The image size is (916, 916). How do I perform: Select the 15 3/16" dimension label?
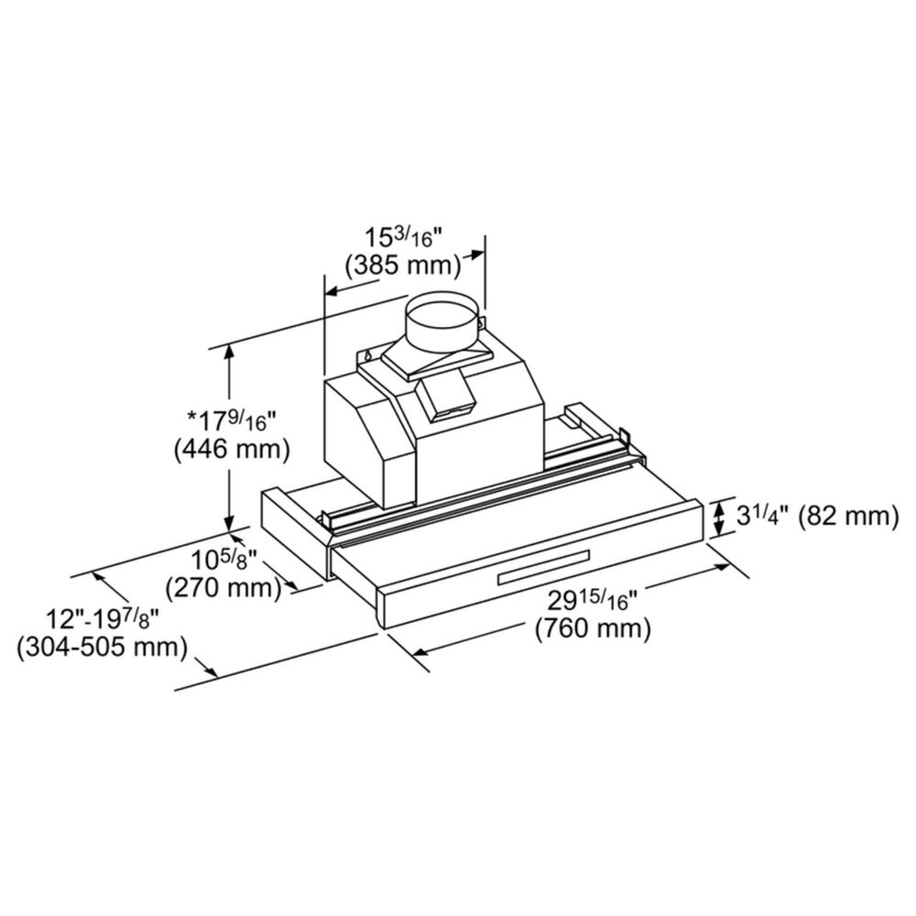[402, 235]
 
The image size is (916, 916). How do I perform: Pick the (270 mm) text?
[222, 586]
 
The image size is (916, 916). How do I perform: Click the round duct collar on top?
[442, 322]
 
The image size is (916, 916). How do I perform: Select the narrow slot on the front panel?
[542, 575]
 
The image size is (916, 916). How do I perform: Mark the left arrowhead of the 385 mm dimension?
[333, 291]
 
